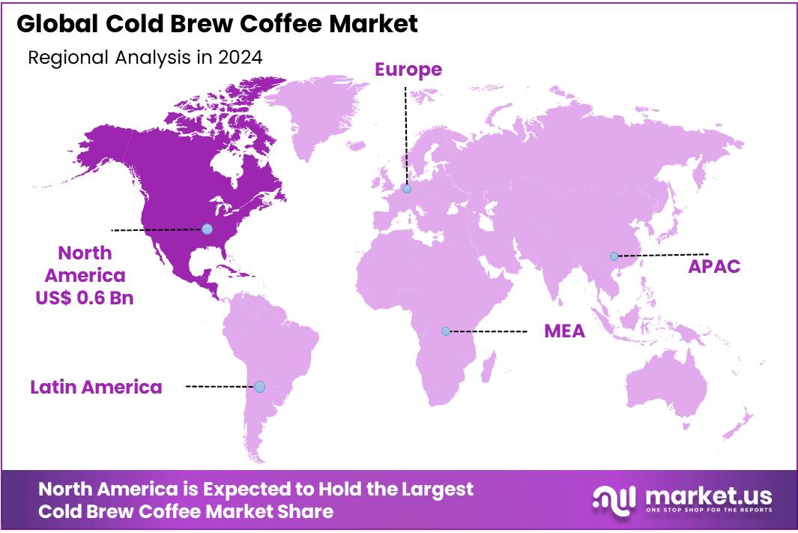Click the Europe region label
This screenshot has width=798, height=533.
coord(408,70)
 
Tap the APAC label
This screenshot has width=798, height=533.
coord(714,266)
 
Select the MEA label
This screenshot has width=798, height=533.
coord(564,331)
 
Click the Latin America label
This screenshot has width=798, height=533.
coord(96,387)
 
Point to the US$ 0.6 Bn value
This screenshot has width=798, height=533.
coord(84,298)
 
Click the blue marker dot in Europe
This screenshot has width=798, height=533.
coord(406,189)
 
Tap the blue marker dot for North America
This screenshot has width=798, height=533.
coord(207,229)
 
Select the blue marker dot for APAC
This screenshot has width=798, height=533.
coord(614,256)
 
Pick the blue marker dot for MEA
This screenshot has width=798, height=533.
coord(445,331)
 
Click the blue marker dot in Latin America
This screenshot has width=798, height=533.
coord(259,387)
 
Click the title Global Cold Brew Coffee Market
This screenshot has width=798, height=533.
coord(217,24)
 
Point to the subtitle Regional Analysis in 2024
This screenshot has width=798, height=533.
coord(145,58)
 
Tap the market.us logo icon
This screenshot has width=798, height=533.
coord(614,498)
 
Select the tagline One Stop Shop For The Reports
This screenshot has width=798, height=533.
coord(707,511)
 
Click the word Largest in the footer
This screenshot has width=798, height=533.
coord(434,490)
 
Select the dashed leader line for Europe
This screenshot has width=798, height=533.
coord(405,135)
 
